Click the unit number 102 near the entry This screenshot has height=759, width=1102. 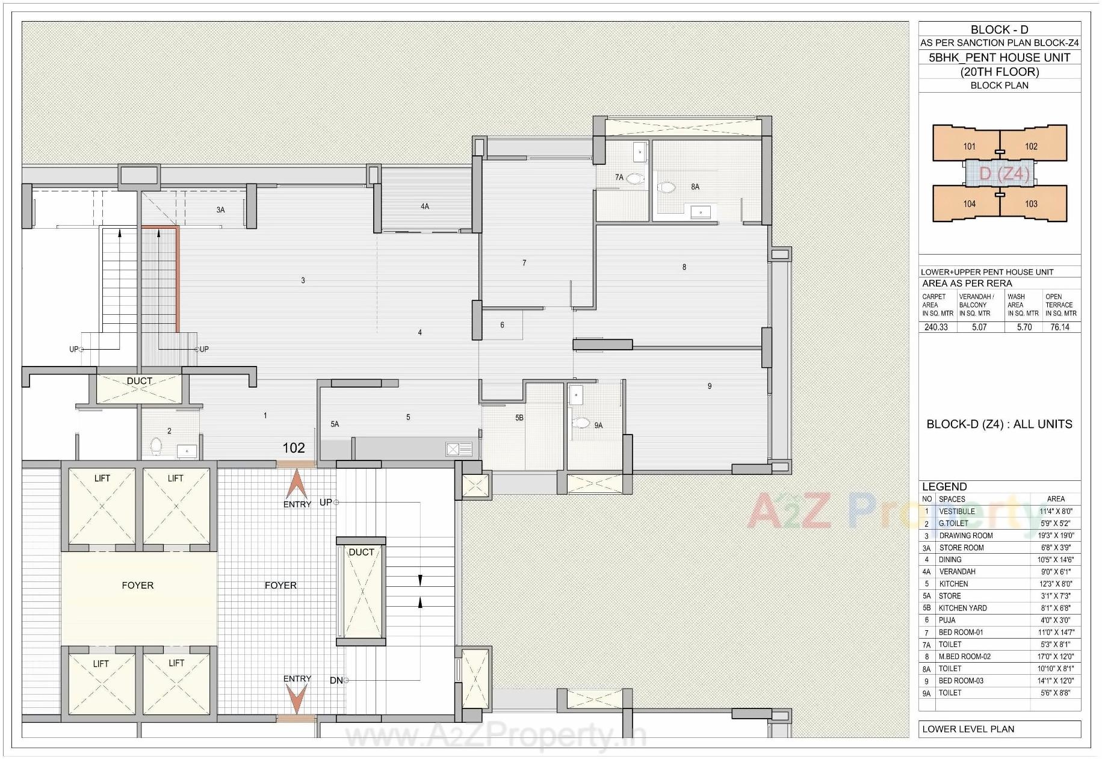[x=294, y=448]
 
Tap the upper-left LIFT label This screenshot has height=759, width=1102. [x=102, y=479]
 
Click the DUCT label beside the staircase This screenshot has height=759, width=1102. [x=361, y=552]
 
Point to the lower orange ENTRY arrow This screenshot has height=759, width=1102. [x=297, y=699]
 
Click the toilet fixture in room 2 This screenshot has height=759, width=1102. [x=156, y=446]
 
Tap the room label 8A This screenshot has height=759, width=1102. [x=695, y=187]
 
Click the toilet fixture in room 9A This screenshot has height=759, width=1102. [x=581, y=423]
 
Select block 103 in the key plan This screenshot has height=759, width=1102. [x=1031, y=204]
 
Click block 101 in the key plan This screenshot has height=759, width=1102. [x=969, y=146]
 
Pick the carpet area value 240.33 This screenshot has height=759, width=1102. [x=936, y=327]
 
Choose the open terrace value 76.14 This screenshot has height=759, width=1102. [x=1060, y=327]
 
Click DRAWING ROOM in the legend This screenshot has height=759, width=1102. [x=966, y=536]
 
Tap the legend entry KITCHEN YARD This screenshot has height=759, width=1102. [x=962, y=608]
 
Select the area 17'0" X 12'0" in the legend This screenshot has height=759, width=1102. [x=1056, y=657]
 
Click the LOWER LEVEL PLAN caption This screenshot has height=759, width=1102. [x=968, y=729]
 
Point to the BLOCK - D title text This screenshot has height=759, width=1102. [x=999, y=29]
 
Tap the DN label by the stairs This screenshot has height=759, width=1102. [x=336, y=680]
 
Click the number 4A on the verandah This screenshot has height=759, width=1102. [x=425, y=206]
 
